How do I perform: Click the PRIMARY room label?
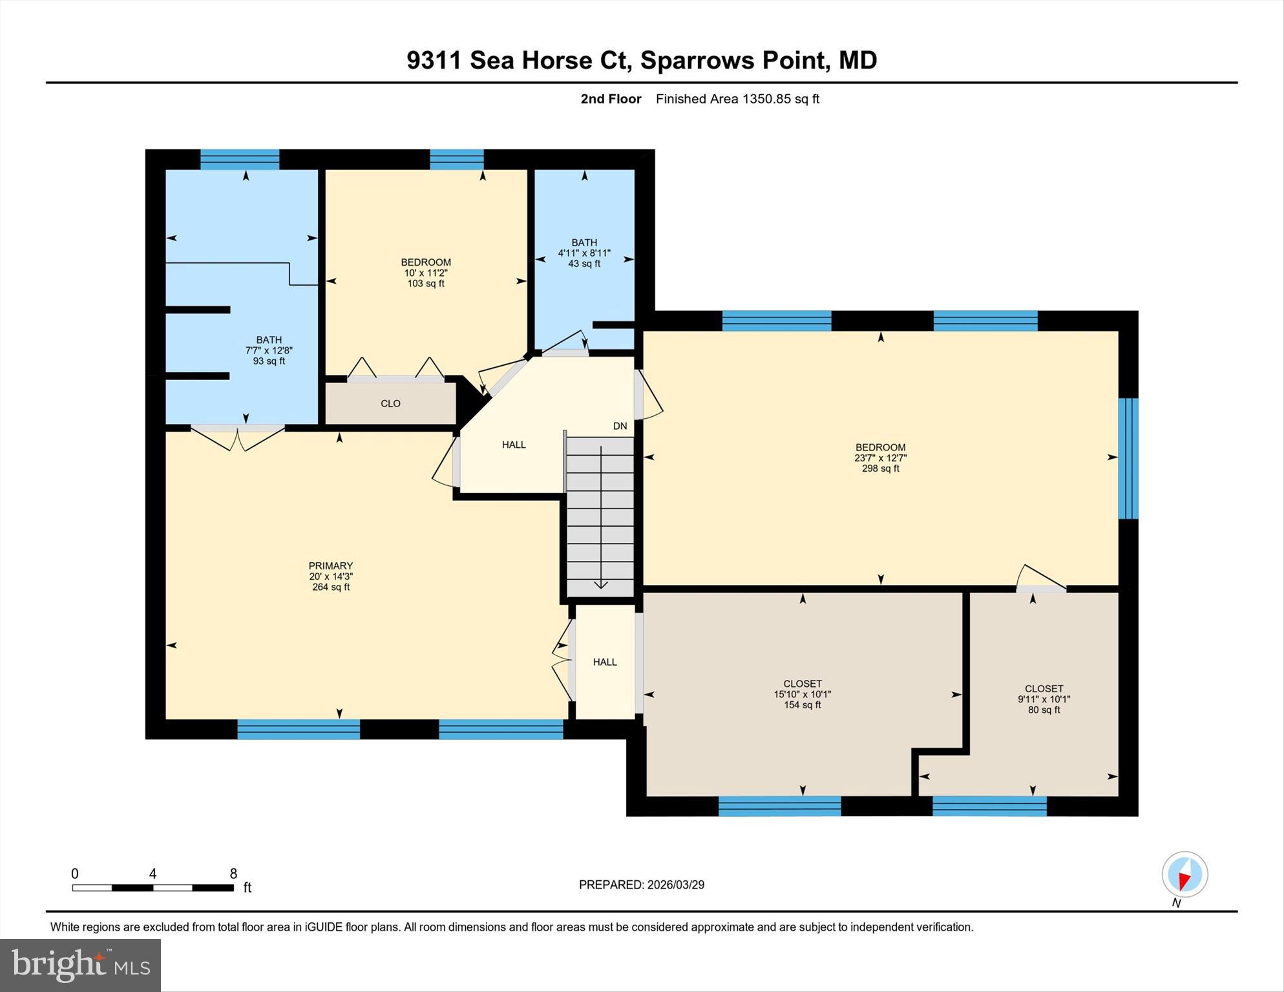[330, 565]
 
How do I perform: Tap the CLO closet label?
[390, 403]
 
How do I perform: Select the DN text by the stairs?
[620, 426]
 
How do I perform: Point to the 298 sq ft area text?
[880, 469]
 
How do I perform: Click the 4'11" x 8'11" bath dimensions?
[584, 253]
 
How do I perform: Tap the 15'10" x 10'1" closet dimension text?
[802, 694]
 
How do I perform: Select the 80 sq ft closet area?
[1044, 710]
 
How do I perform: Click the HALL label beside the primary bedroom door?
[605, 662]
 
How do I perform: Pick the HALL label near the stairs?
[514, 445]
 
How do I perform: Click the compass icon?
[1184, 874]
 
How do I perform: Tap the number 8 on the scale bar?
[233, 874]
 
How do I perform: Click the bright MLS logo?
[81, 964]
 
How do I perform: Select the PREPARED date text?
[641, 885]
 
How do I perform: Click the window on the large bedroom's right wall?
[1128, 458]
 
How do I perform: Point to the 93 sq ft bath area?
[269, 361]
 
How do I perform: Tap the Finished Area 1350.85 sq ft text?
[737, 99]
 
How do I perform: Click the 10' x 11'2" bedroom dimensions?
[426, 273]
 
